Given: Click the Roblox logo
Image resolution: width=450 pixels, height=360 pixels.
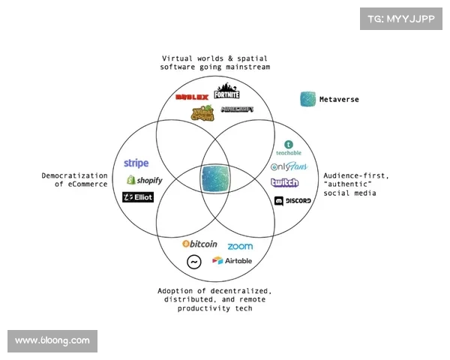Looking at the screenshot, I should click(x=191, y=97).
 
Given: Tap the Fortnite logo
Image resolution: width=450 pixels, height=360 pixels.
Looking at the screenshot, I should click(x=226, y=91).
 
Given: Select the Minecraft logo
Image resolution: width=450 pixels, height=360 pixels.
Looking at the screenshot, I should click(x=237, y=109).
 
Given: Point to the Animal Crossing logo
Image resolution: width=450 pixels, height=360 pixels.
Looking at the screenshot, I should click(x=202, y=112).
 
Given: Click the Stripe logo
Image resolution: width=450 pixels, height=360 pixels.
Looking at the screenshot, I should click(x=136, y=163).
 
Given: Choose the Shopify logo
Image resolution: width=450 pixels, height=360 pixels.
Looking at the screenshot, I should click(x=144, y=180).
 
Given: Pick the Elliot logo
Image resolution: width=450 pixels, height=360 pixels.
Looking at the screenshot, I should click(x=138, y=197).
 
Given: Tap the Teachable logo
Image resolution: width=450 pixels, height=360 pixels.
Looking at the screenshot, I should click(x=289, y=148).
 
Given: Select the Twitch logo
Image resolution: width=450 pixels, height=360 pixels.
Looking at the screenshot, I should click(x=284, y=183).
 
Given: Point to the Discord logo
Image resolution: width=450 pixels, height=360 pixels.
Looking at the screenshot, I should click(x=292, y=201).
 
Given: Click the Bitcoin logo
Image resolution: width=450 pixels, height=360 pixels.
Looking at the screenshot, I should click(x=199, y=244).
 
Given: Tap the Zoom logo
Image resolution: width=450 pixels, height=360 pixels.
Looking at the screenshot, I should click(x=240, y=246).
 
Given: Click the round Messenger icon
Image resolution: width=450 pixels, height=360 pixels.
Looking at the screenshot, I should click(x=194, y=262).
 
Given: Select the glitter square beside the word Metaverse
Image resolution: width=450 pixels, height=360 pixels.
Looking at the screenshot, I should click(x=307, y=100).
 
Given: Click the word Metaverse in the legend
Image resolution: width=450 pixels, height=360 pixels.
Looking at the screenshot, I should click(x=339, y=100).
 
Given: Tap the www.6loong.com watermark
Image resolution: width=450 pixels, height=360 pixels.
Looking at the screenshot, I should click(x=52, y=340).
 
